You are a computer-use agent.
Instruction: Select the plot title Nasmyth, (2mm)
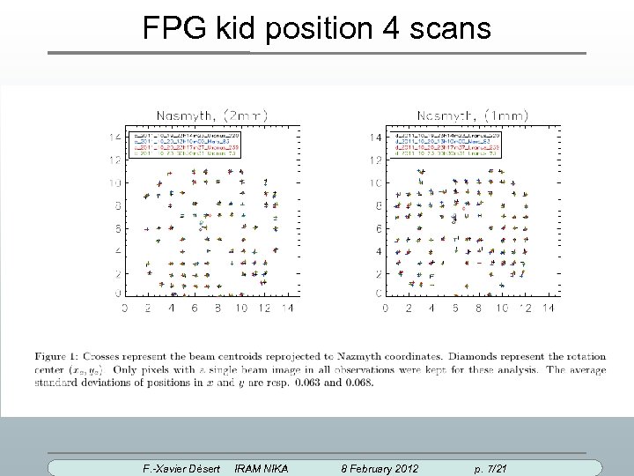pyautogui.click(x=212, y=114)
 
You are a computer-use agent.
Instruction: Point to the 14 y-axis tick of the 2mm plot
pyautogui.click(x=114, y=138)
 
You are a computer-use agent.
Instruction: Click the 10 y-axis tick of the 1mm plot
pyautogui.click(x=375, y=183)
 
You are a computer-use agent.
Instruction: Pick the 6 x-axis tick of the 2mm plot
pyautogui.click(x=195, y=309)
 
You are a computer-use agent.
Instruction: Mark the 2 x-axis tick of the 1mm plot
pyautogui.click(x=408, y=309)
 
